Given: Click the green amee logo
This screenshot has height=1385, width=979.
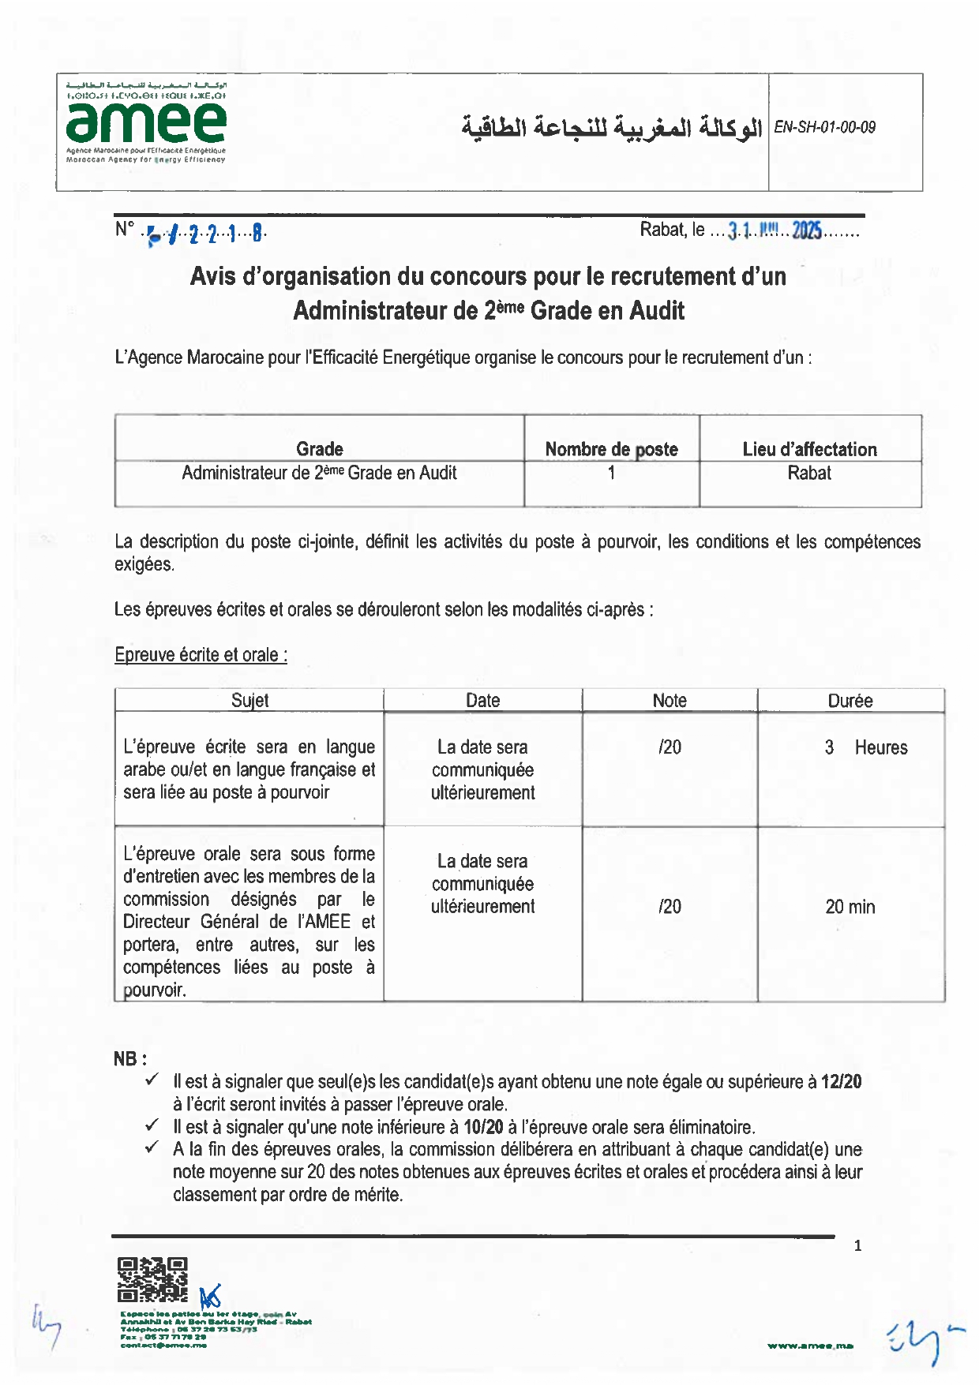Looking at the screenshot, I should (146, 122).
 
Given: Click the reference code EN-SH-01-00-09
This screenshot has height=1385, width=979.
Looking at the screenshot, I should (824, 127).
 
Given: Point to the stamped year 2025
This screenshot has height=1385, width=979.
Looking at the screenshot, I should (807, 230).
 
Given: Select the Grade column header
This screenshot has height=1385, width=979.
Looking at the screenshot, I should (319, 449).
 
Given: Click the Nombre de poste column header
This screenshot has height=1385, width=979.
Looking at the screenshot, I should (611, 449).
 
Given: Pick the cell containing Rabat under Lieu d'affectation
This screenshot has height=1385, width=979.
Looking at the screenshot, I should (809, 473).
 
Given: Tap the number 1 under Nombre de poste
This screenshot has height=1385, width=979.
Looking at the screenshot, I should (611, 473).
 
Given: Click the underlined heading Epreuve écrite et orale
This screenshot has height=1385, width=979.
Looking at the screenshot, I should (201, 655).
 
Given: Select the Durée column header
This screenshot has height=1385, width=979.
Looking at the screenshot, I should (850, 701).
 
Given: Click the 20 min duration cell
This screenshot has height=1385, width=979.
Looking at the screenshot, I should (850, 907).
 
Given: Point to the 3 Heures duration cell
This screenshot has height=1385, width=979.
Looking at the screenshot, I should (865, 747).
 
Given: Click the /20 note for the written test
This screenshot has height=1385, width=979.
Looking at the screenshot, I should (670, 747).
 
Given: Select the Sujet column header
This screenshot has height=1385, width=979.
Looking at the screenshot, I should (249, 701).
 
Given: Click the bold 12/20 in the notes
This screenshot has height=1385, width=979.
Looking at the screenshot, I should (841, 1082).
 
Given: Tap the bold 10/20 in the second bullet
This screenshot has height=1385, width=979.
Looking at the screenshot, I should (483, 1127).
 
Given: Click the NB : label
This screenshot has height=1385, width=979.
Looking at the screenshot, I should (130, 1059).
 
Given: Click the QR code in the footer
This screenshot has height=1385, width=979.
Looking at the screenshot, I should (152, 1279).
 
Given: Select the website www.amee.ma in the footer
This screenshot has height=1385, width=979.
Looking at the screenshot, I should (809, 1346).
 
